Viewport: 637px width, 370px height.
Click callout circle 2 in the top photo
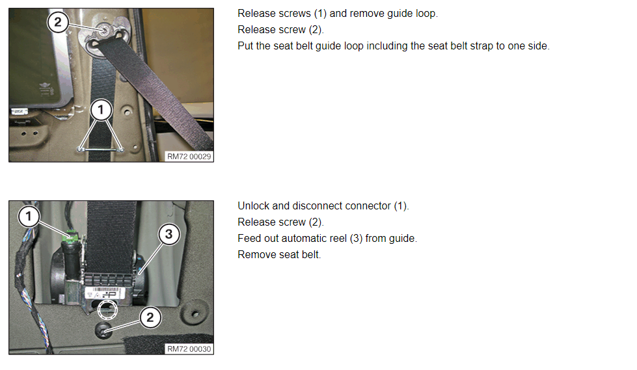pyautogui.click(x=58, y=22)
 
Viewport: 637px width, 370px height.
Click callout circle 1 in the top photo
pyautogui.click(x=101, y=110)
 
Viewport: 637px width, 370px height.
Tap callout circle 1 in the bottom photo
pyautogui.click(x=29, y=216)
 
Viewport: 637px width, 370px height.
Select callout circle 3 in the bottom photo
pyautogui.click(x=169, y=234)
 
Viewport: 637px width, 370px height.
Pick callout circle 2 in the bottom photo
pyautogui.click(x=150, y=317)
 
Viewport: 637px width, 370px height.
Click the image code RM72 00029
pyautogui.click(x=189, y=156)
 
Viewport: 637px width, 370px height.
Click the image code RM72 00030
pyautogui.click(x=189, y=349)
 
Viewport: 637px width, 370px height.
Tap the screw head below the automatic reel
pyautogui.click(x=103, y=330)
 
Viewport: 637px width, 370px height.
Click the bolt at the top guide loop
pyautogui.click(x=104, y=30)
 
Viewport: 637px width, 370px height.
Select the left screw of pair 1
pyautogui.click(x=80, y=150)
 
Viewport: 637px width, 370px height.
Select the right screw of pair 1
pyautogui.click(x=121, y=150)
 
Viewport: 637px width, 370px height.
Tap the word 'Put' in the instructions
pyautogui.click(x=245, y=46)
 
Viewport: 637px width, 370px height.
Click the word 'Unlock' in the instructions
pyautogui.click(x=254, y=206)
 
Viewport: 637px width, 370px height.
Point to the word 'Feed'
pyautogui.click(x=248, y=239)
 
